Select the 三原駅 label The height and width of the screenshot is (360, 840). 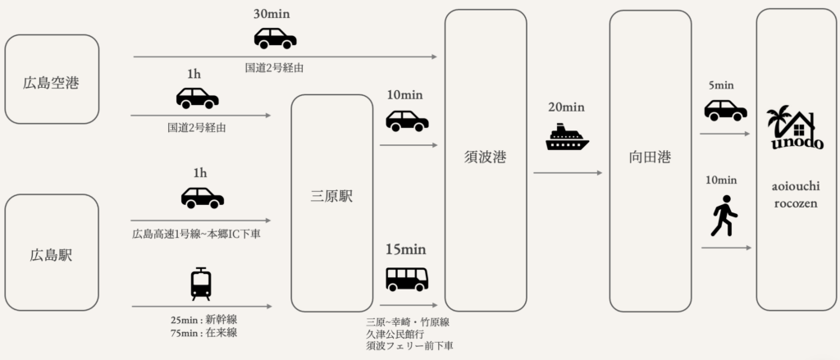(332, 197)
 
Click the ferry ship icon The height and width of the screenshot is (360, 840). (567, 137)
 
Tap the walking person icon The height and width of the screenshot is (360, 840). (724, 216)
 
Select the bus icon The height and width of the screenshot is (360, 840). (407, 280)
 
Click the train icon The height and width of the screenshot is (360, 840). (200, 284)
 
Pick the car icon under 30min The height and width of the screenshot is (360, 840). (275, 39)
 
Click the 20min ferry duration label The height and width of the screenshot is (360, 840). (567, 107)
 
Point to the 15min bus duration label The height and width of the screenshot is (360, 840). (407, 249)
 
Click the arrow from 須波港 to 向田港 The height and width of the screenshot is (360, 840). (567, 173)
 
